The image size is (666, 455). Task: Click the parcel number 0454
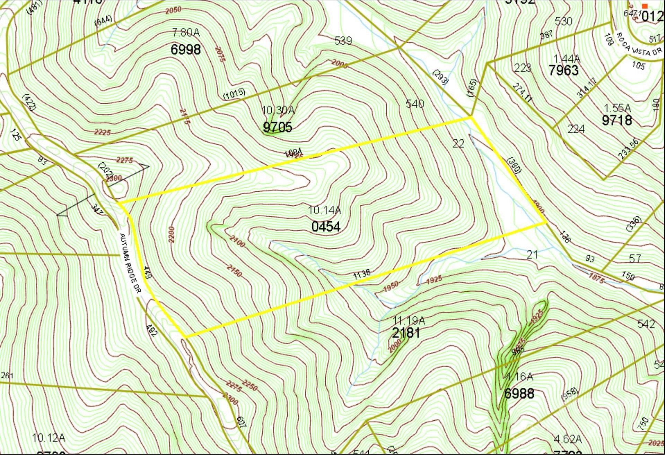[326, 227]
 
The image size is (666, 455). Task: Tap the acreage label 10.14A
[325, 210]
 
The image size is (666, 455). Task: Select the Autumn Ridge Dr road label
[130, 264]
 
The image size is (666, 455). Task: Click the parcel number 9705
[277, 127]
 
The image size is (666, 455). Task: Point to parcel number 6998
[185, 50]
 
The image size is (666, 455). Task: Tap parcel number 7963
[563, 70]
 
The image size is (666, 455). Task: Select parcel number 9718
[617, 120]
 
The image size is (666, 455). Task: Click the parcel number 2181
[406, 333]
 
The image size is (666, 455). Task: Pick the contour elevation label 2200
[172, 234]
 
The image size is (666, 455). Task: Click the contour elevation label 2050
[173, 10]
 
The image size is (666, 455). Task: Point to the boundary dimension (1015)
[234, 94]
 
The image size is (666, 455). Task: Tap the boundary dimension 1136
[362, 274]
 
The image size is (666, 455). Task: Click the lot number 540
[415, 104]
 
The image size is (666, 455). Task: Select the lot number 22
[458, 144]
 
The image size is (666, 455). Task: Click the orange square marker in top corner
[645, 6]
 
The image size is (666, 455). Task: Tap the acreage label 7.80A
[186, 33]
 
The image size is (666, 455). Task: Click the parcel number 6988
[519, 394]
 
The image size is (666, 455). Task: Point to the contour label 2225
[102, 132]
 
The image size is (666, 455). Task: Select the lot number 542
[646, 324]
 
